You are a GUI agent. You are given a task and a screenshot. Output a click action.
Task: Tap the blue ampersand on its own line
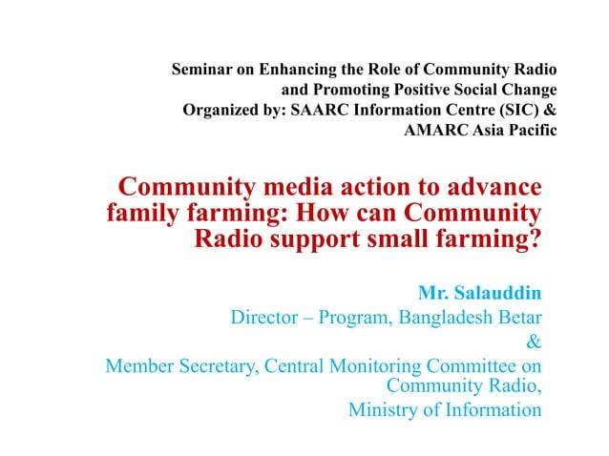[535, 340]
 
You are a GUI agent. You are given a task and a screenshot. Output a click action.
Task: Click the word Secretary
[218, 365]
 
